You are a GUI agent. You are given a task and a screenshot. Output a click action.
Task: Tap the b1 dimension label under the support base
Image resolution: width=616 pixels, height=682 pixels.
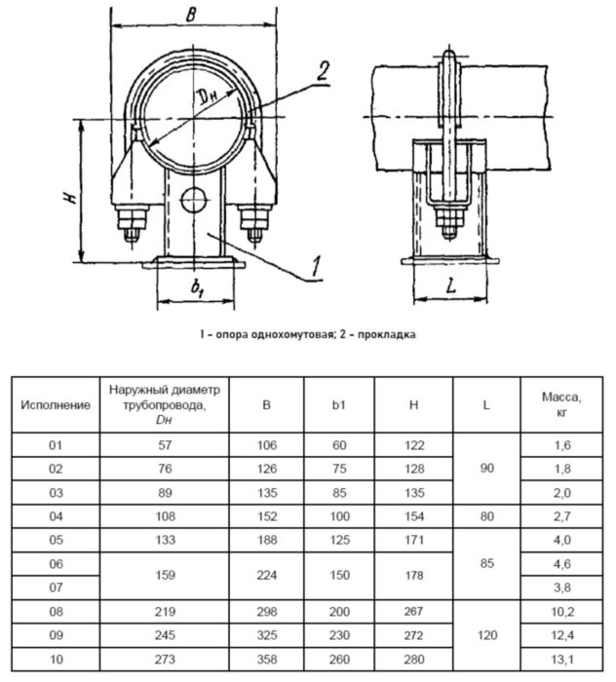[x=195, y=288]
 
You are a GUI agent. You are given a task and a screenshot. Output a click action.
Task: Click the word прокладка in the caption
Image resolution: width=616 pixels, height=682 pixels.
[x=387, y=334]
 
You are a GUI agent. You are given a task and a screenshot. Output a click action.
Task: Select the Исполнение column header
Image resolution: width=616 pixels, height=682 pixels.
[x=56, y=402]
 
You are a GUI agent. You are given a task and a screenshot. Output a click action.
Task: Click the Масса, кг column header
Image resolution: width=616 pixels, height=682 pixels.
[x=561, y=402]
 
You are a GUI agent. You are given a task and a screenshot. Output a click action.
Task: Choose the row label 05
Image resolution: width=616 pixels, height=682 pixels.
[x=56, y=539]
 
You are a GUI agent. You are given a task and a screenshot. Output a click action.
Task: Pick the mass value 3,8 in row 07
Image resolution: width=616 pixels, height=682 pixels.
[x=561, y=587]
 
